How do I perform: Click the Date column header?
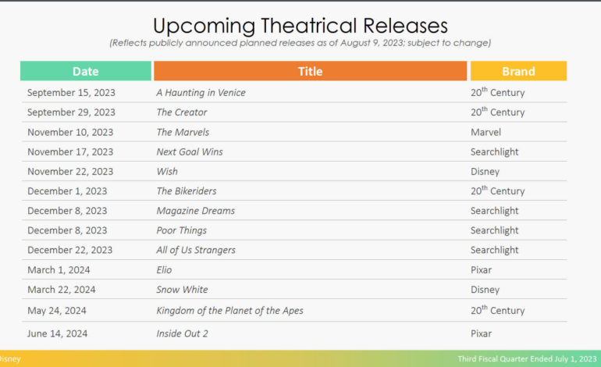click(x=86, y=71)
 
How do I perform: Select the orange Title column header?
click(x=310, y=71)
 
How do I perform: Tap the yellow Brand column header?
click(x=518, y=71)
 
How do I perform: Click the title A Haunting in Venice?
click(x=201, y=93)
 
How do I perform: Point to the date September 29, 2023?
click(x=71, y=112)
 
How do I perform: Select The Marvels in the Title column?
click(x=183, y=132)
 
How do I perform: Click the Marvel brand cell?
click(x=485, y=132)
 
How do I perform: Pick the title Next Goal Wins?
click(x=190, y=151)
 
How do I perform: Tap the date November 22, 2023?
click(x=70, y=172)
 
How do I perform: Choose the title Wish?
click(x=167, y=172)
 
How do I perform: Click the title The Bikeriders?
click(x=187, y=191)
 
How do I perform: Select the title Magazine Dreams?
click(x=195, y=211)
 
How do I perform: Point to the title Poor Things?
click(x=181, y=230)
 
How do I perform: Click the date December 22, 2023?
click(x=69, y=250)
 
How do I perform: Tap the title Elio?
click(x=164, y=270)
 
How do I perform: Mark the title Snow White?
click(x=182, y=290)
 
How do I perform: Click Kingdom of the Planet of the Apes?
click(x=229, y=311)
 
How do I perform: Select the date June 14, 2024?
click(x=57, y=333)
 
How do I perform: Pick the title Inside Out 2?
click(x=182, y=333)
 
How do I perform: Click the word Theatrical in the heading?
click(x=308, y=26)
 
